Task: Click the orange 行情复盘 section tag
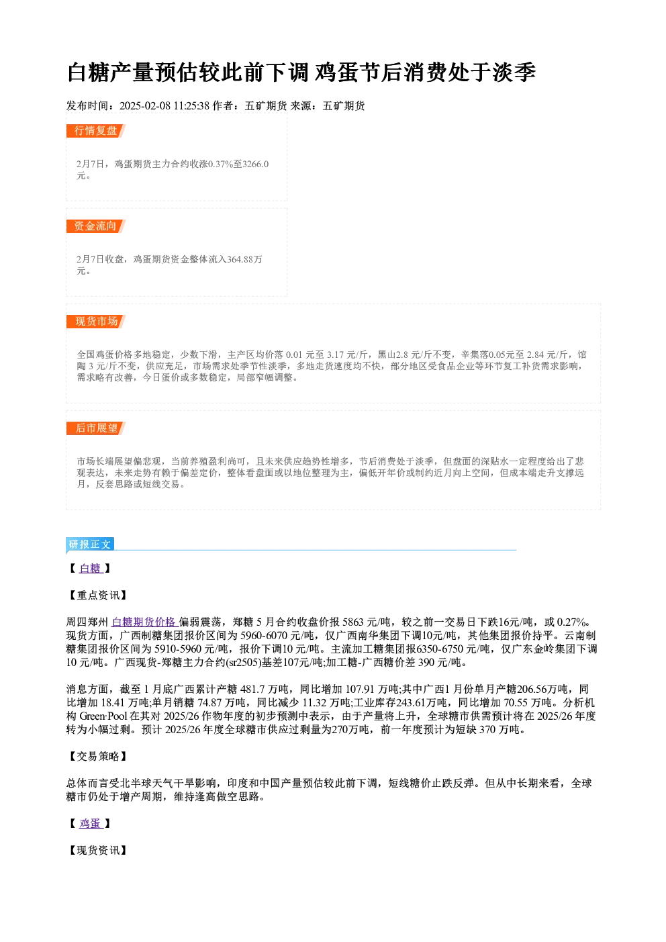[x=96, y=131]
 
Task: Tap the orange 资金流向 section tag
[x=96, y=226]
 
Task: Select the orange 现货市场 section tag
[x=96, y=322]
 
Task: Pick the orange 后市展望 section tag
[x=96, y=428]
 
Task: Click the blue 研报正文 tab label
[x=89, y=545]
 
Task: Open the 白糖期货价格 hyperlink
[x=144, y=622]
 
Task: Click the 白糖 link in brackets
[x=91, y=569]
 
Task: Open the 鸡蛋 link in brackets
[x=91, y=823]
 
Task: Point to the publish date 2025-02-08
[x=144, y=106]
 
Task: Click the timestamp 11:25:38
[x=191, y=106]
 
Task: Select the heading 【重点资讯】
[x=97, y=596]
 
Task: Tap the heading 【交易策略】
[x=97, y=757]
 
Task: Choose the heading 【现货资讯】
[x=97, y=850]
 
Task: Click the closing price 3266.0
[x=256, y=164]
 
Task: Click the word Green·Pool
[x=103, y=716]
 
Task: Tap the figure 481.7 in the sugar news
[x=252, y=690]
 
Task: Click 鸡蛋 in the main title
[x=336, y=73]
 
